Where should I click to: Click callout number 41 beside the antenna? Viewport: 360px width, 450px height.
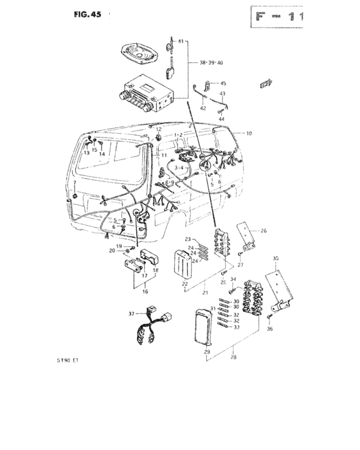(181, 41)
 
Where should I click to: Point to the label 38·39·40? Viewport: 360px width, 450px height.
(211, 64)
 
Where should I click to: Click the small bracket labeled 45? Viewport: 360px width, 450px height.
(210, 84)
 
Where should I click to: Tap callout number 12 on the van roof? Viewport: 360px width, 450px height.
(158, 130)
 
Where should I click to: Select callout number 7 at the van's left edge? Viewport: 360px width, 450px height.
(75, 183)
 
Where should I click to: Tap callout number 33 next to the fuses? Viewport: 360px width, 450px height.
(236, 327)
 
